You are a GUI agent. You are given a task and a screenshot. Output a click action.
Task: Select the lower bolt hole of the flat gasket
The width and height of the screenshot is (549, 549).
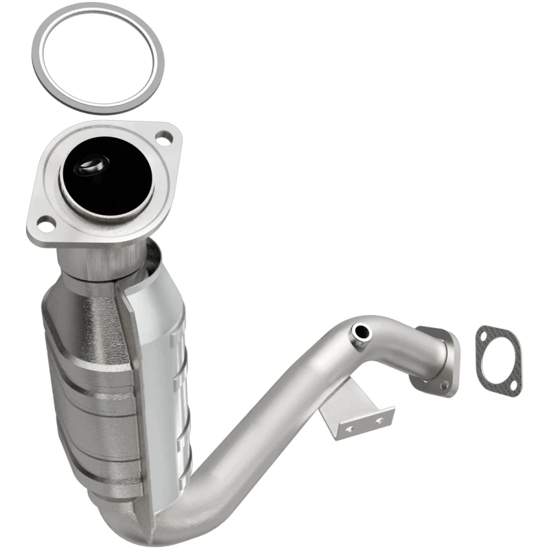click(x=509, y=383)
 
